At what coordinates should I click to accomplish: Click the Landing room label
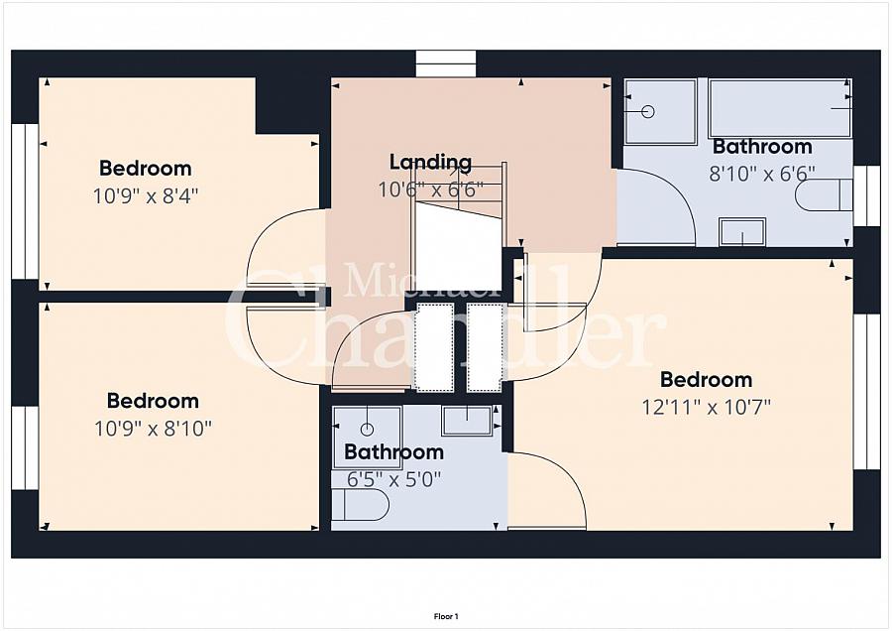coord(430,163)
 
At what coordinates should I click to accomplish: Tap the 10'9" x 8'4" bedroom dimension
coord(146,196)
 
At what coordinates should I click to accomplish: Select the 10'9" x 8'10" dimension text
coord(153,429)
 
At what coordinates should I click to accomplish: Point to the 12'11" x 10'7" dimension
coord(706,407)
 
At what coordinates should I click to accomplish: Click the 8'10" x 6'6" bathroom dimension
coord(762,174)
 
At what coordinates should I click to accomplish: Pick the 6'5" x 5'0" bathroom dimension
coord(394,479)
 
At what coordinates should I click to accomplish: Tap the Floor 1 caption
coord(446,616)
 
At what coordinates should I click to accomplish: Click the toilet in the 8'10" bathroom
coord(824,194)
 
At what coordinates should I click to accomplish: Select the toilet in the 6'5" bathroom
coord(360,505)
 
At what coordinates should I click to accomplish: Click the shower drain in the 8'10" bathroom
coord(647,112)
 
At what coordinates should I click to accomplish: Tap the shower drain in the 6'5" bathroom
coord(368,430)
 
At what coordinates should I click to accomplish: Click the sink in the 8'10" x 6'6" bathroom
coord(742,232)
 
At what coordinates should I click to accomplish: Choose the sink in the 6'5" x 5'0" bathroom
coord(467,421)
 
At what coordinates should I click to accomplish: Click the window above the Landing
coord(445,63)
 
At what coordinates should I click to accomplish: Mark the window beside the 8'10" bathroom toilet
coord(867,195)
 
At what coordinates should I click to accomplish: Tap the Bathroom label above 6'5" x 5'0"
coord(393,452)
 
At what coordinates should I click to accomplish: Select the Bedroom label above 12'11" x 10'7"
coord(706,379)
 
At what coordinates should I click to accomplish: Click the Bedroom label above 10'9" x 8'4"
coord(146,169)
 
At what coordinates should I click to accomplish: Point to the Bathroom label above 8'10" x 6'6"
coord(762,147)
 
